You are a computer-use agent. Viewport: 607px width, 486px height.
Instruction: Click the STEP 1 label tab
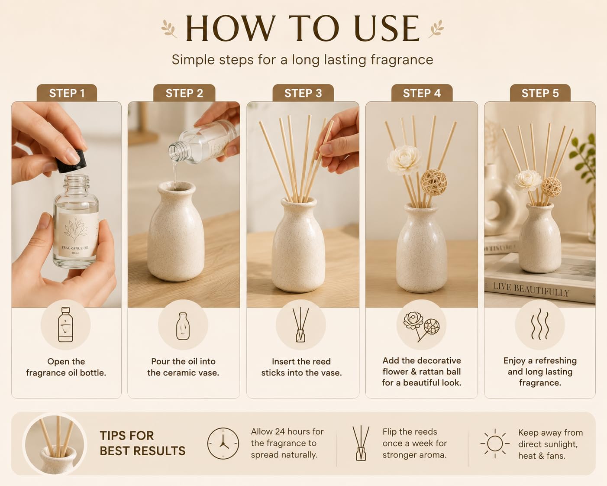67,93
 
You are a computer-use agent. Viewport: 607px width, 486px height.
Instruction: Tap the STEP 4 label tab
422,93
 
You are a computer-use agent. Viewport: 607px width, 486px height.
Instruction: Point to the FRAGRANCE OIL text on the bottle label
75,248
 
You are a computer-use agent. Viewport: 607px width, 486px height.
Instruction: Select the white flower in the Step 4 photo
404,160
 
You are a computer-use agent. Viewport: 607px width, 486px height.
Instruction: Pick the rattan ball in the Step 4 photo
434,182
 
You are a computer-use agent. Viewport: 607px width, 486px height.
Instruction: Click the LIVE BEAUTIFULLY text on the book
531,290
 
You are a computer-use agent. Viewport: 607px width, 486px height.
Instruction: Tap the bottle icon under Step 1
65,324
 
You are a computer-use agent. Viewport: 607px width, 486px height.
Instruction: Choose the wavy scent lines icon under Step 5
540,324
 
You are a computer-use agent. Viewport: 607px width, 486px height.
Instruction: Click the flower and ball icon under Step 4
421,326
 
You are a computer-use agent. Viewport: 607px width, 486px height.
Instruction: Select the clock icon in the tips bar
223,443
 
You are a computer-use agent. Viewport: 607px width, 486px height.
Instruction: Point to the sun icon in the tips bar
495,444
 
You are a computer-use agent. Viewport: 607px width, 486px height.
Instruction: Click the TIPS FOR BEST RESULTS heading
142,443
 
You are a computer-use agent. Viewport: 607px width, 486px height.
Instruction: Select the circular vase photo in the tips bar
55,444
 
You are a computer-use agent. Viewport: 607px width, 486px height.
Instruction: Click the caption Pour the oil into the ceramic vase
183,367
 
